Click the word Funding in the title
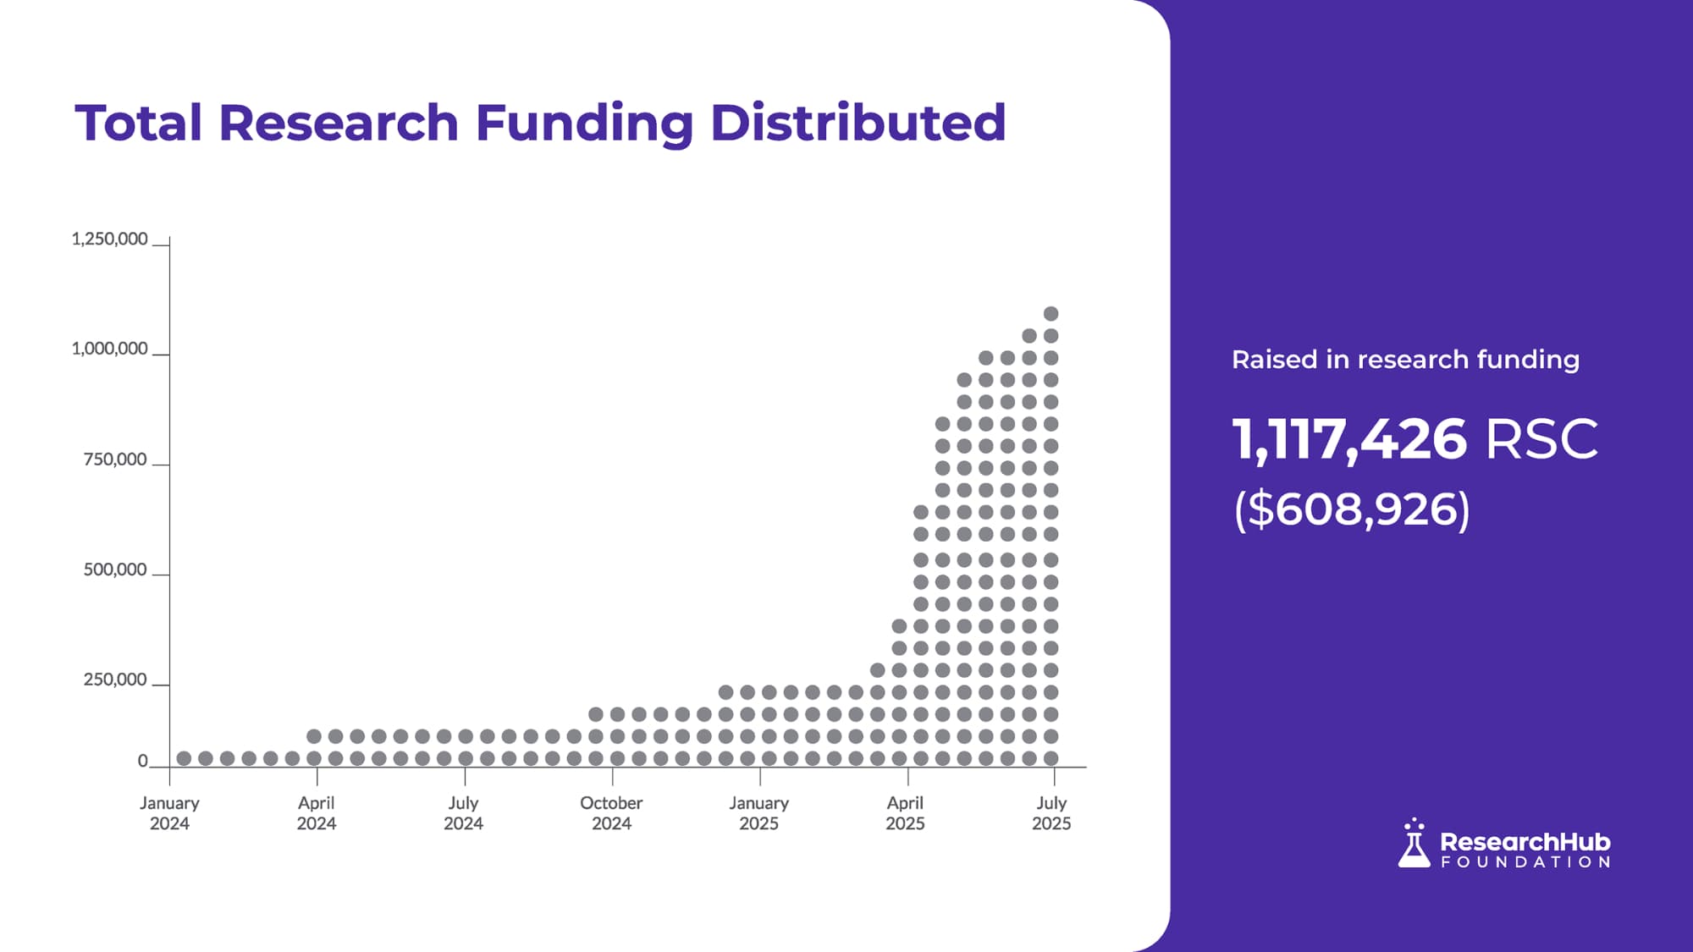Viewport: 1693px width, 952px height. (584, 124)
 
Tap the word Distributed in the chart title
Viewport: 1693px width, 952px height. (858, 124)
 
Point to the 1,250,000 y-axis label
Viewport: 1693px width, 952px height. (109, 239)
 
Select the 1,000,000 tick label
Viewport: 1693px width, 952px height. (109, 349)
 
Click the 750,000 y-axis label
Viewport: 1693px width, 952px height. (115, 459)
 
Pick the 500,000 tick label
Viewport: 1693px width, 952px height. (115, 570)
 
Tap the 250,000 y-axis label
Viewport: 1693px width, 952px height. (115, 680)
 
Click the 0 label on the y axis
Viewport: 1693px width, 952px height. (143, 761)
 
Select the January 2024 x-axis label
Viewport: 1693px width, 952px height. (169, 812)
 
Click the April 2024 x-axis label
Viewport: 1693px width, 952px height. (317, 812)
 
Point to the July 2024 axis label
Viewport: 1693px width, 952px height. (463, 812)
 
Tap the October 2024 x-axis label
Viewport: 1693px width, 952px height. (611, 812)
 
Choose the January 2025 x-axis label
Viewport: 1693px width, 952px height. (758, 812)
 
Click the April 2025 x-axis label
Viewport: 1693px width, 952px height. (905, 812)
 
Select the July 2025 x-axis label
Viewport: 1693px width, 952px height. (1051, 812)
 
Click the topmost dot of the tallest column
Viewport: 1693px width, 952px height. (1051, 314)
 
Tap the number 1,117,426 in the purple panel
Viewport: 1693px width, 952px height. (1349, 439)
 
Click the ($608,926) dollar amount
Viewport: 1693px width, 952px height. (1352, 509)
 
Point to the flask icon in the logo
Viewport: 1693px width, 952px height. (1414, 844)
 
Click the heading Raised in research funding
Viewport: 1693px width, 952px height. (1405, 360)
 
